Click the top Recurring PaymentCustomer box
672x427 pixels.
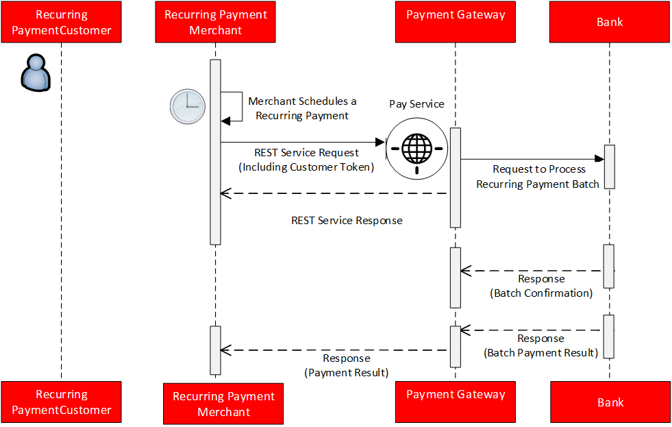pyautogui.click(x=61, y=23)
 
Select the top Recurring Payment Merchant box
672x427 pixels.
pyautogui.click(x=215, y=23)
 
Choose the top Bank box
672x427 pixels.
pyautogui.click(x=609, y=23)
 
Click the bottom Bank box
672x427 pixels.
pyautogui.click(x=610, y=402)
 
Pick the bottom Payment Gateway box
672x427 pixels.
pyautogui.click(x=456, y=402)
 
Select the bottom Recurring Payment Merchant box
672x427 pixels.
pyautogui.click(x=223, y=404)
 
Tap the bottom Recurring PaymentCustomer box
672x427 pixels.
pyautogui.click(x=61, y=402)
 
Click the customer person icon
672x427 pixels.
pyautogui.click(x=36, y=73)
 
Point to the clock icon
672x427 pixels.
pyautogui.click(x=188, y=107)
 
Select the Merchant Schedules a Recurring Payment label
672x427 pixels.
pyautogui.click(x=302, y=108)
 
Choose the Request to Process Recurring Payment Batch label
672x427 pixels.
pyautogui.click(x=538, y=177)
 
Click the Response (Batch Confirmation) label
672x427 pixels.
pyautogui.click(x=541, y=286)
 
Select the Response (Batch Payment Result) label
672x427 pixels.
pyautogui.click(x=540, y=345)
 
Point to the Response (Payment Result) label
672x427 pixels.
pyautogui.click(x=346, y=365)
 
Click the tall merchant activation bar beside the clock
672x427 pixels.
pyautogui.click(x=215, y=151)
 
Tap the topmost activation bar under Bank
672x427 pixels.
pyautogui.click(x=609, y=166)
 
